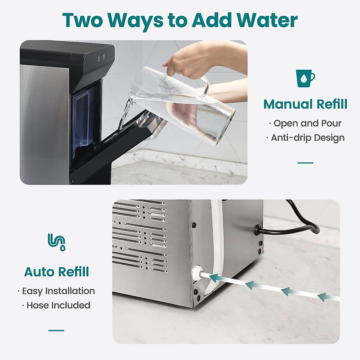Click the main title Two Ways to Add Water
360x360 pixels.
tap(180, 20)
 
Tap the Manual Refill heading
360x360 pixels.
tap(305, 104)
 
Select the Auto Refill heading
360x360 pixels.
tap(56, 272)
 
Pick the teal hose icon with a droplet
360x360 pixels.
tap(56, 242)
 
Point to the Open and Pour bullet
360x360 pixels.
tap(305, 123)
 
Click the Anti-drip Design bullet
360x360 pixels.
tap(305, 138)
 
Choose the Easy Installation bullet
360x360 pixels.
tap(56, 291)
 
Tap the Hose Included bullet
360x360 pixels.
tap(56, 305)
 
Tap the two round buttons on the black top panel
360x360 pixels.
tap(101, 57)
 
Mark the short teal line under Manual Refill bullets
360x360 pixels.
tap(305, 163)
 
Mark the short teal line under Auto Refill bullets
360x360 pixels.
tap(56, 331)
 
